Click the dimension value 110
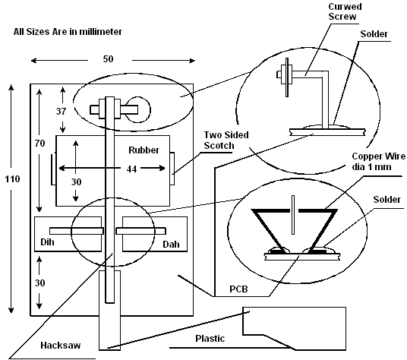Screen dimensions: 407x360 12,179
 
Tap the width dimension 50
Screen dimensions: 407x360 109,59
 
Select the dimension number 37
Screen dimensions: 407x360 61,112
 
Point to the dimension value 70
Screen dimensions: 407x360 39,143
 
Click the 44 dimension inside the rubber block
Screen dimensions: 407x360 131,169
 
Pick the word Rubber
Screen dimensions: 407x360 144,150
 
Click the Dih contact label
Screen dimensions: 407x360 47,242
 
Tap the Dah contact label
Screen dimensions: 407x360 171,245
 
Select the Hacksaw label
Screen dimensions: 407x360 61,346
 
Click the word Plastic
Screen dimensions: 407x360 210,339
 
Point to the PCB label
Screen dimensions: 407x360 238,289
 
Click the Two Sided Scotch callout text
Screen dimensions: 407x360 226,141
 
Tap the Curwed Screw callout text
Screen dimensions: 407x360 345,11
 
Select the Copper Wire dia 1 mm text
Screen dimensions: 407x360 378,161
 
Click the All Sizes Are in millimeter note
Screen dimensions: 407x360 68,32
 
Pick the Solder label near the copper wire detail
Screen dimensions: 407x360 386,199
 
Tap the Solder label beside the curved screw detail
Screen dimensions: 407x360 374,33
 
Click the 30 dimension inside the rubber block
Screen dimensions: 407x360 76,182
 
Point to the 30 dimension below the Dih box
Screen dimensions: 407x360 39,283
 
